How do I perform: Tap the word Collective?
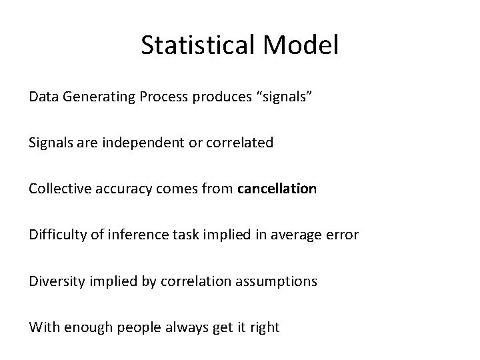pyautogui.click(x=57, y=189)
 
